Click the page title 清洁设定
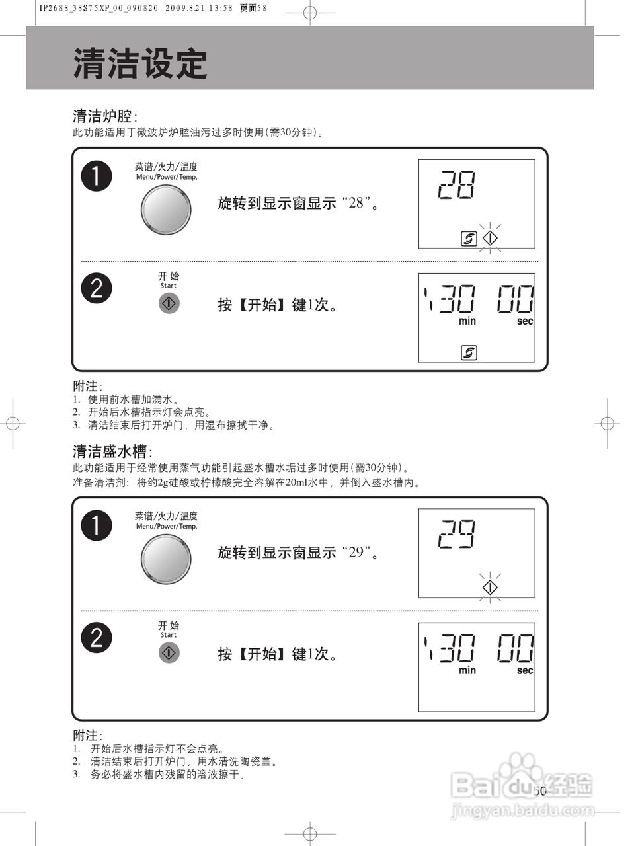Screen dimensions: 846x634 [x=140, y=64]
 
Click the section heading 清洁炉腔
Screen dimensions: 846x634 [x=102, y=116]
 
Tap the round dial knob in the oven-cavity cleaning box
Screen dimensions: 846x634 [x=165, y=210]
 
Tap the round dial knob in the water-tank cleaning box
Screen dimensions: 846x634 [x=165, y=558]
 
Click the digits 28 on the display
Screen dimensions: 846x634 [x=457, y=185]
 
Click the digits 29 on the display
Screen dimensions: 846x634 [x=457, y=534]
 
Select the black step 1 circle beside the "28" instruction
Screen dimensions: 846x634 [x=97, y=176]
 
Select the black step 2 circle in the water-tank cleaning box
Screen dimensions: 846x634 [x=97, y=638]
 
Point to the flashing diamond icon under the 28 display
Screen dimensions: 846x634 [x=489, y=238]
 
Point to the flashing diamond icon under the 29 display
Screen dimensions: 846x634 [x=489, y=587]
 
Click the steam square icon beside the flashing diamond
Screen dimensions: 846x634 [x=469, y=238]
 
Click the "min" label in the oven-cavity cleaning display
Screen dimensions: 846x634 [x=467, y=321]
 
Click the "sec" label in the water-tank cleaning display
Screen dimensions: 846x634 [x=525, y=670]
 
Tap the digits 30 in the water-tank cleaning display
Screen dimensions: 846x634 [x=457, y=648]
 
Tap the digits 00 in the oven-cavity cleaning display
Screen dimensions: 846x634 [x=516, y=299]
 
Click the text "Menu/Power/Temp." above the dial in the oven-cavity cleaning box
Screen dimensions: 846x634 [x=167, y=177]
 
